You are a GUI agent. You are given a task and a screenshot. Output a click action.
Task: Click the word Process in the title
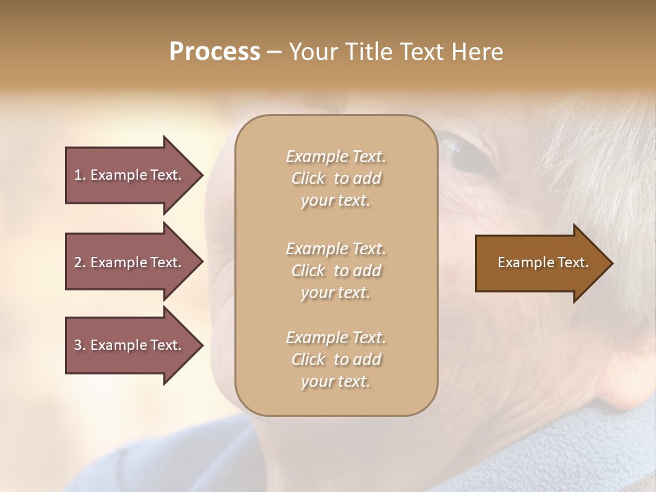(x=215, y=52)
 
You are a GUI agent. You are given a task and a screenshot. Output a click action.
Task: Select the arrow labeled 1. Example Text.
(x=130, y=175)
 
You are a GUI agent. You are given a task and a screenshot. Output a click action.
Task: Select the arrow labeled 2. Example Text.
(x=130, y=262)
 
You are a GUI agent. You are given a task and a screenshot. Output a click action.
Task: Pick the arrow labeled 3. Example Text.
(x=130, y=345)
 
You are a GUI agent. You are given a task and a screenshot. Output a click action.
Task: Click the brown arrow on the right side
(x=540, y=263)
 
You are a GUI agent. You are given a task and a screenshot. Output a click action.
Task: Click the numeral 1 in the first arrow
(x=77, y=175)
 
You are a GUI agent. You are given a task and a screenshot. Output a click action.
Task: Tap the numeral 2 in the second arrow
(x=77, y=262)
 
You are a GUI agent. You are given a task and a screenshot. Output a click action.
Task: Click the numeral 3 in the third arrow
(x=77, y=345)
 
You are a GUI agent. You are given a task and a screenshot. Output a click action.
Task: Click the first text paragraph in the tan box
(x=336, y=178)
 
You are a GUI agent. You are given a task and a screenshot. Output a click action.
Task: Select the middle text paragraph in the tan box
(x=336, y=271)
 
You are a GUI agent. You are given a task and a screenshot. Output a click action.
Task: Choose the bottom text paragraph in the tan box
(x=336, y=359)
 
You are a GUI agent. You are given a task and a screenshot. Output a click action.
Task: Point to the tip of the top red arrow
(x=202, y=175)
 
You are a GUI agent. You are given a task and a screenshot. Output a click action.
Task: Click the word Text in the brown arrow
(x=575, y=262)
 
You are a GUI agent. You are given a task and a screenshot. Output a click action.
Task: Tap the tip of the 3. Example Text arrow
(x=202, y=345)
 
